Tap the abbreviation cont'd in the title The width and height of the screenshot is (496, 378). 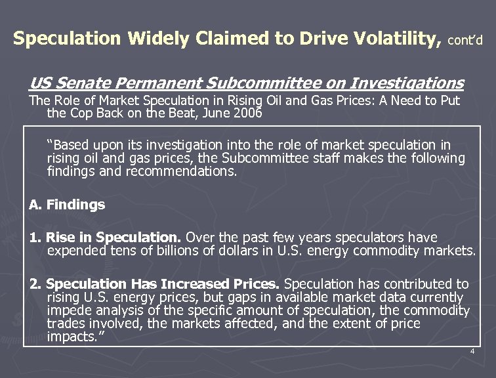point(466,41)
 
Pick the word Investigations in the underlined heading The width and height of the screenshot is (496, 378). point(407,83)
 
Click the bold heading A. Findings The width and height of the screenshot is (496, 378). point(67,205)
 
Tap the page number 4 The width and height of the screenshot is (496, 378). point(472,352)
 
